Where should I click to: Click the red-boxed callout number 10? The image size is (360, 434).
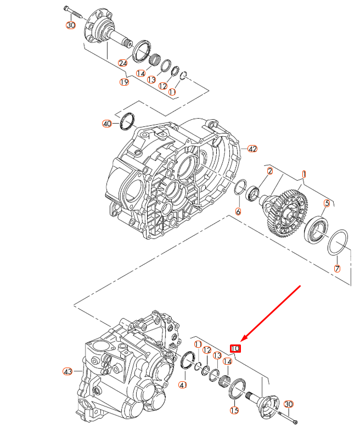[x=235, y=348]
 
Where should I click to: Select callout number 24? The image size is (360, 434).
[x=123, y=63]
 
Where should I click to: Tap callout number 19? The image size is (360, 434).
[x=125, y=82]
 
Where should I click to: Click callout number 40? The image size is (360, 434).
[x=107, y=124]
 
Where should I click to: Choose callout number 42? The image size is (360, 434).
[x=252, y=149]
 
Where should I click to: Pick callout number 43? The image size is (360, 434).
[x=67, y=372]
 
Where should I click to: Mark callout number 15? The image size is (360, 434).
[x=234, y=410]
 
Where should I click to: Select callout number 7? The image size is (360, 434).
[x=337, y=269]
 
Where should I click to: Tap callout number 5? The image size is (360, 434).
[x=327, y=203]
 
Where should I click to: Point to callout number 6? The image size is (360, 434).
[x=238, y=212]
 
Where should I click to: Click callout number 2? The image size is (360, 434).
[x=270, y=171]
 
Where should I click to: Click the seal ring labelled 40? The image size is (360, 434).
[x=128, y=120]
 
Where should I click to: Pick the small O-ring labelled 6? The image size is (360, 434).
[x=239, y=188]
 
